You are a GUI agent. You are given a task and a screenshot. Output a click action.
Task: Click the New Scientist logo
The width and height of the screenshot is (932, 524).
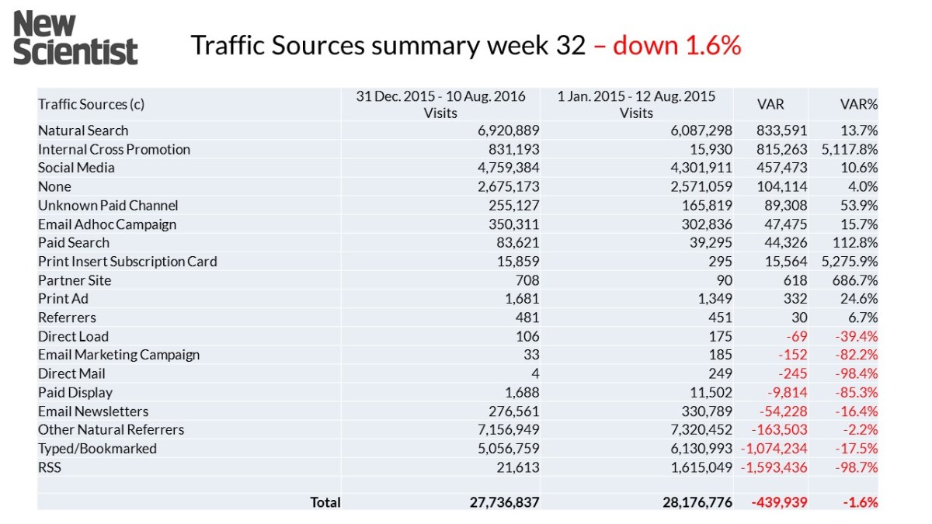pos(75,38)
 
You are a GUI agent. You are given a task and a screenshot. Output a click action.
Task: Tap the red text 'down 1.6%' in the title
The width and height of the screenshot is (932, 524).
pos(676,46)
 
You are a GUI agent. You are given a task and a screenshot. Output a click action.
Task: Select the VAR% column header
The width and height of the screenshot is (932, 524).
pos(859,104)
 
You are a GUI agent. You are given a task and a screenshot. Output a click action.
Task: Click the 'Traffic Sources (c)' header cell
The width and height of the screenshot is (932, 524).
pos(92,104)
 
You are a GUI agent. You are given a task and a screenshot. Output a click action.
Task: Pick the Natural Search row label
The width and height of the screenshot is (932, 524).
pos(83,130)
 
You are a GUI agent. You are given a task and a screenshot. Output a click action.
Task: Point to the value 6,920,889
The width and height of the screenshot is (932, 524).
pos(508,130)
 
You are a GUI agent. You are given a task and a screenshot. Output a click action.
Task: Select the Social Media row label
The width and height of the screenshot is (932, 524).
pos(76,168)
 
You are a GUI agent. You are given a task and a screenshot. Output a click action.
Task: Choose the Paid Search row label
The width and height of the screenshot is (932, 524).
pos(74,242)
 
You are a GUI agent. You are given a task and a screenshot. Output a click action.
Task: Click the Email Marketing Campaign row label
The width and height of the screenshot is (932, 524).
pos(119,355)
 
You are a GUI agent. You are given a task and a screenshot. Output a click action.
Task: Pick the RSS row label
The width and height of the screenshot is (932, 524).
pos(50,467)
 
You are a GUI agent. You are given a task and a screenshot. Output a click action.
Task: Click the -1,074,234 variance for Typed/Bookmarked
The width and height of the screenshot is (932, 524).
pos(774,449)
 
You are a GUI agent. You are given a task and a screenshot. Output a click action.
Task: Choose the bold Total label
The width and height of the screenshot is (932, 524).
pos(325,502)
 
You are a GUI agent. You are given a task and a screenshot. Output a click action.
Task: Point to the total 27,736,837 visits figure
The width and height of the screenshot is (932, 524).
pos(504,502)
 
